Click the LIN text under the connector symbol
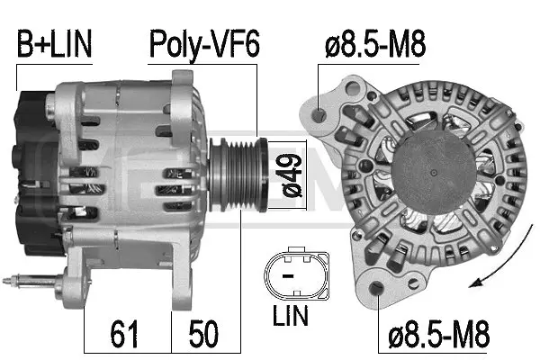coord(290,316)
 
